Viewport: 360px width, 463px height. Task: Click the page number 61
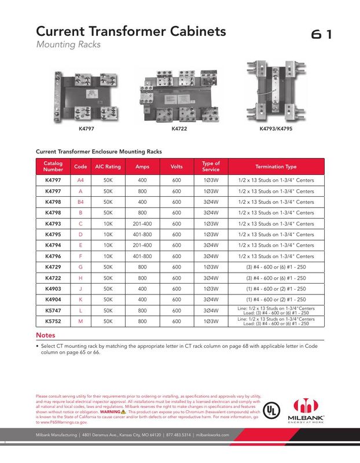[321, 34]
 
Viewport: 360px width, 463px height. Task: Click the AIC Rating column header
[108, 167]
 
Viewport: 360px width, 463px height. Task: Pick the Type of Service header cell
[210, 167]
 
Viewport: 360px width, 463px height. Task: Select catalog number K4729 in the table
[54, 267]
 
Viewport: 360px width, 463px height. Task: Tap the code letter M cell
[80, 321]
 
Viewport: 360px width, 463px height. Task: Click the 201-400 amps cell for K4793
[142, 223]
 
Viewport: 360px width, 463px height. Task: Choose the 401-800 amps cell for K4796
[142, 256]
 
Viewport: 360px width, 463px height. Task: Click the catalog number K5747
[54, 310]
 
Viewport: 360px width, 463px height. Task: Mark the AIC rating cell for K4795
[108, 234]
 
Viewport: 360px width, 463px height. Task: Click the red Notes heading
[46, 336]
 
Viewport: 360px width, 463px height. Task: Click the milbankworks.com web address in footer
[212, 435]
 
